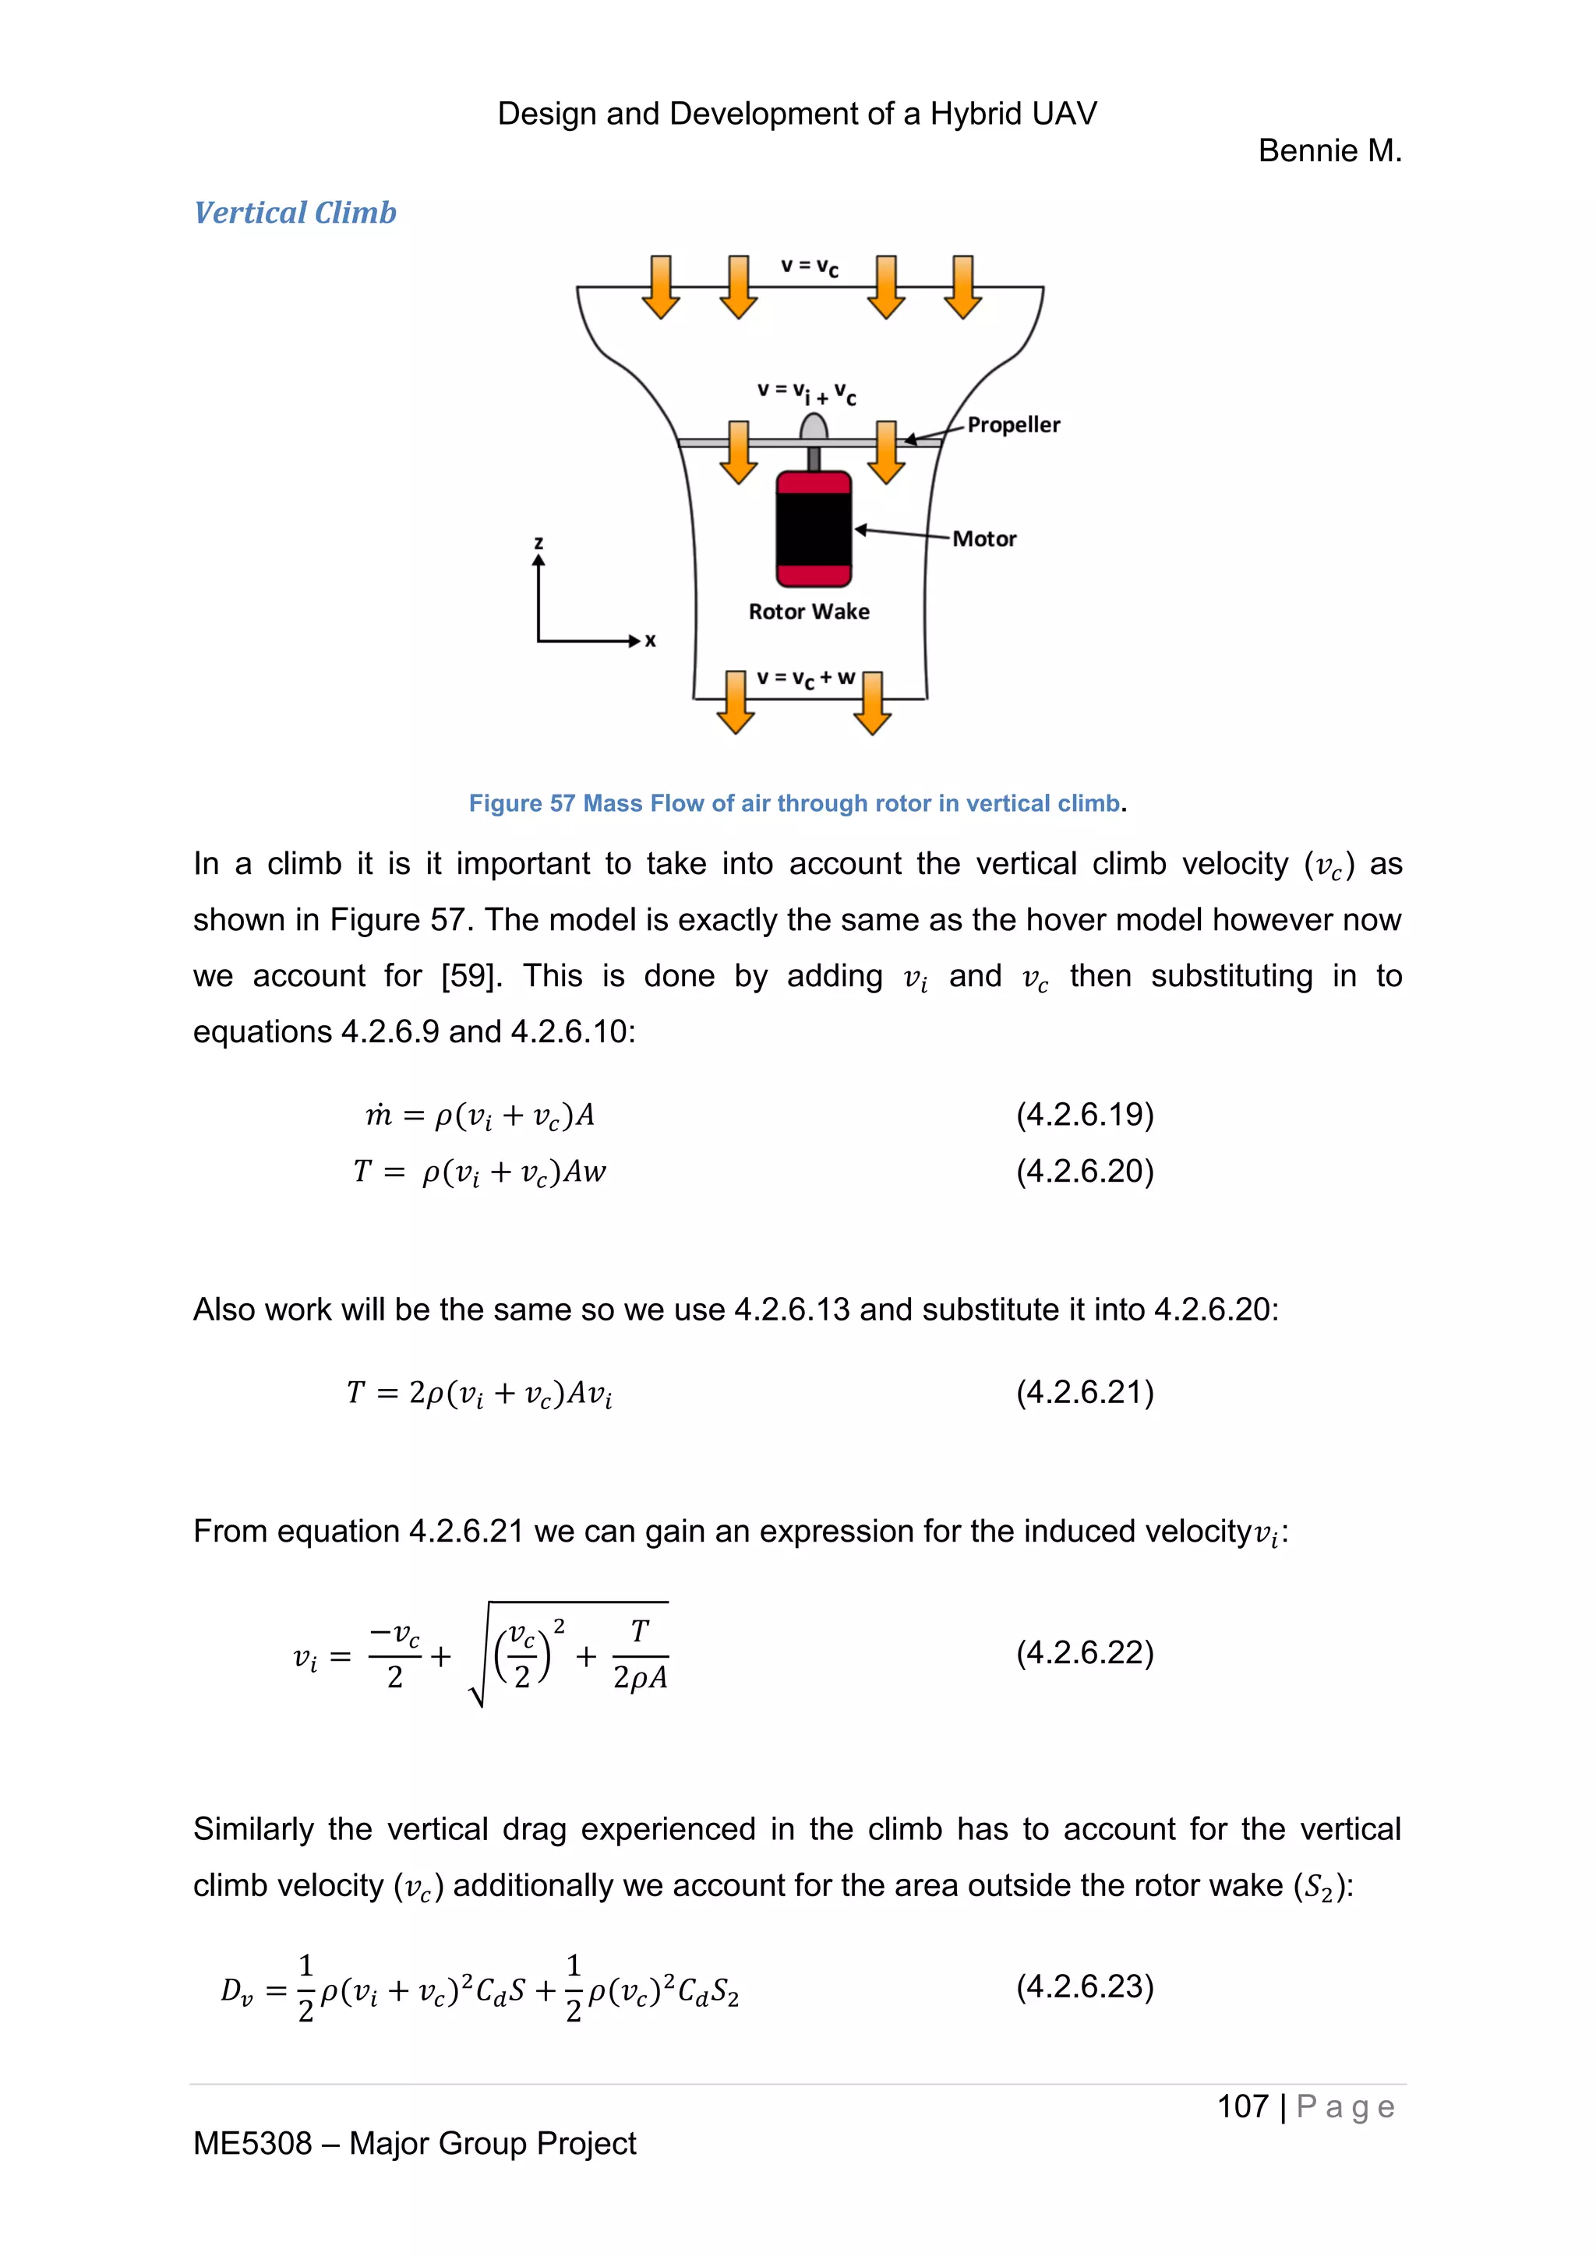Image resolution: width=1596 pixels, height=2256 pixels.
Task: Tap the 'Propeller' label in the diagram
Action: click(x=1013, y=425)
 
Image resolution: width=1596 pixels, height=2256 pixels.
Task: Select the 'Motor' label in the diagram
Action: click(x=983, y=538)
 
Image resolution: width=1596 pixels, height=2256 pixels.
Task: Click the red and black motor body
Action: click(x=814, y=529)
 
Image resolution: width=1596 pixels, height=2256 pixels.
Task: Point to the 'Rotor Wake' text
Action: click(x=809, y=612)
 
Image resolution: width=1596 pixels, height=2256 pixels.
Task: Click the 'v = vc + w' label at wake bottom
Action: click(x=805, y=678)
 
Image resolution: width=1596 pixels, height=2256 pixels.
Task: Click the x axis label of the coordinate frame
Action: click(x=650, y=640)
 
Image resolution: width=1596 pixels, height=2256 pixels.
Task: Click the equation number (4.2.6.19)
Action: click(x=1085, y=1114)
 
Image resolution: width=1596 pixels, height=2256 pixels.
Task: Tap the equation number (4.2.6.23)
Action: click(x=1085, y=1986)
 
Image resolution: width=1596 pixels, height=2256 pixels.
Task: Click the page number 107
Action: click(x=1242, y=2106)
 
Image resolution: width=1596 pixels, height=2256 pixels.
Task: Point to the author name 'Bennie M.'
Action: click(x=1329, y=150)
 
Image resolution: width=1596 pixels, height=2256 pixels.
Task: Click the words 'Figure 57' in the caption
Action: click(x=521, y=804)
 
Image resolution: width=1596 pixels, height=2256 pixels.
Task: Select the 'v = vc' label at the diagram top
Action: click(x=809, y=266)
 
